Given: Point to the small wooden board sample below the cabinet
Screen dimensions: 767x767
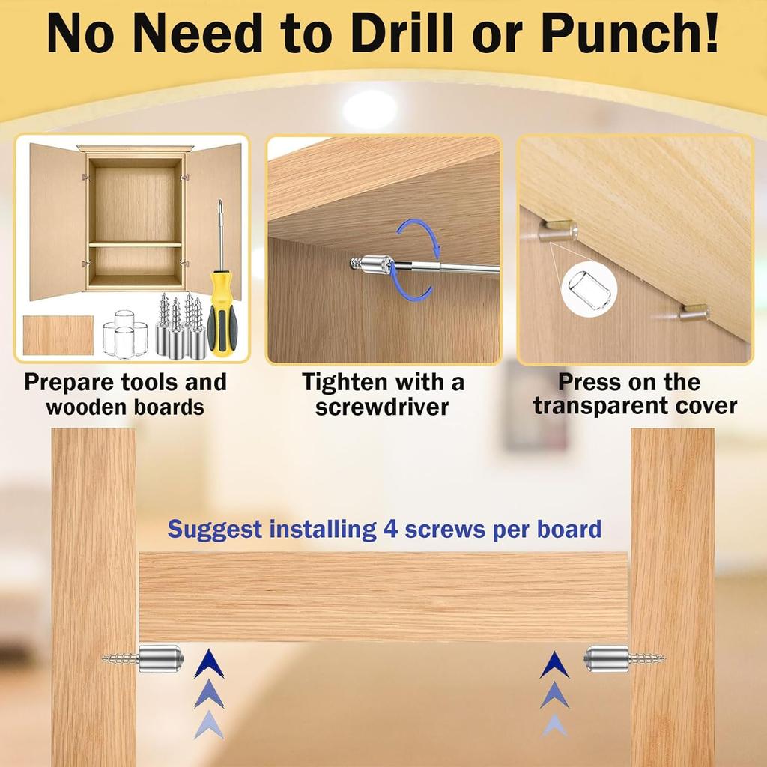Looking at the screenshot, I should [x=58, y=335].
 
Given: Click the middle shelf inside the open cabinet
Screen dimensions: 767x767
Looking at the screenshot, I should [x=135, y=244].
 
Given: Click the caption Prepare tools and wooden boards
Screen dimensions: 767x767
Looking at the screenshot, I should [x=125, y=394].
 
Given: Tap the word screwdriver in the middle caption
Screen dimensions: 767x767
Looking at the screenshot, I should [x=382, y=407].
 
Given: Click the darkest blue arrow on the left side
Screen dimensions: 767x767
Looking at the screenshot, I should [x=209, y=664].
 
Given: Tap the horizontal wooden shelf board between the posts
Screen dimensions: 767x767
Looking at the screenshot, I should [x=383, y=596].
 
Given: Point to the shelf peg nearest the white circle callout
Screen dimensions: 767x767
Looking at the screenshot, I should [x=559, y=230].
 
